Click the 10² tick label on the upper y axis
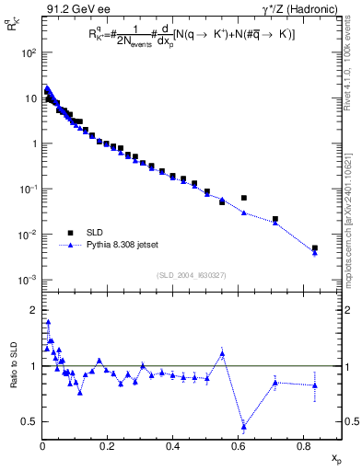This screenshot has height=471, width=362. pos(27,52)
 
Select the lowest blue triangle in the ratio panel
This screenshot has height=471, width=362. pos(244,425)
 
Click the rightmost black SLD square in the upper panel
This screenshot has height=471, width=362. pos(315,247)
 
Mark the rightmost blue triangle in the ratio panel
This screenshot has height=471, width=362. pos(315,385)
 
